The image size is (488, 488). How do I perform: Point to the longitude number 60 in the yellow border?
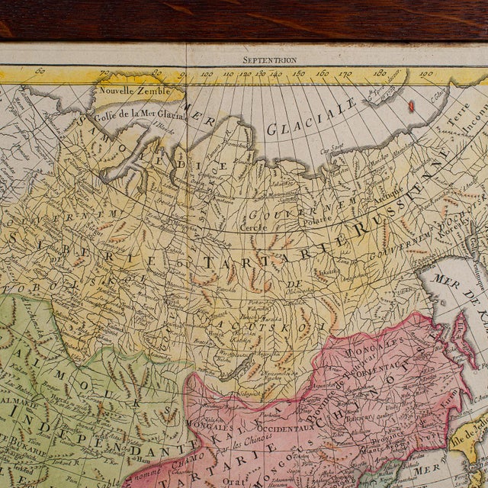pyautogui.click(x=40, y=73)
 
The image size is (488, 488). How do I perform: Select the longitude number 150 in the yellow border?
pyautogui.click(x=298, y=75)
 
